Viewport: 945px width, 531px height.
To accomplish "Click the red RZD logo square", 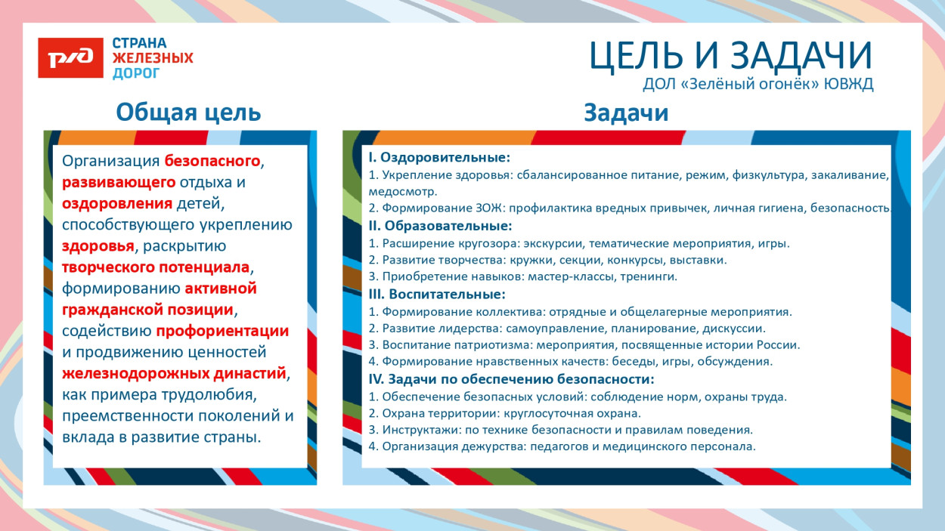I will (x=70, y=58).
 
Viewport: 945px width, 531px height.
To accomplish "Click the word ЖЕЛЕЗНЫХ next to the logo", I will (x=153, y=58).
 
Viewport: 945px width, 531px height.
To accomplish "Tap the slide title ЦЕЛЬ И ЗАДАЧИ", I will (x=730, y=55).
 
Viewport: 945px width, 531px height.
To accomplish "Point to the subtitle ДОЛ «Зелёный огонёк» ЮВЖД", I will (x=758, y=85).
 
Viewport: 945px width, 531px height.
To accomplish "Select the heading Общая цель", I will (x=188, y=113).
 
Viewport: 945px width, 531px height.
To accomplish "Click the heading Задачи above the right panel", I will (x=626, y=113).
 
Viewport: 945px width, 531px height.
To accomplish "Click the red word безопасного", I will (x=212, y=161).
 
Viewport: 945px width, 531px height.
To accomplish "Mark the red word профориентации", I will (x=222, y=331).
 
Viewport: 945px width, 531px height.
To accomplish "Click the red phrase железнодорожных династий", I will (x=174, y=373).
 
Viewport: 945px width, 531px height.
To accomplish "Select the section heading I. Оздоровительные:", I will (x=439, y=158).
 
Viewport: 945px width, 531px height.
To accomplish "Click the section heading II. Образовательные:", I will (x=440, y=226).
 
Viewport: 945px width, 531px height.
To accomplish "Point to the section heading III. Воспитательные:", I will (x=437, y=294).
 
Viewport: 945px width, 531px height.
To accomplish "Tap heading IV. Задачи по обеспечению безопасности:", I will (x=511, y=379).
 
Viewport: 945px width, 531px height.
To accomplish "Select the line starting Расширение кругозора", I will (x=578, y=243).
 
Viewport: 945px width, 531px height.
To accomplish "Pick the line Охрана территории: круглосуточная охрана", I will (x=504, y=413).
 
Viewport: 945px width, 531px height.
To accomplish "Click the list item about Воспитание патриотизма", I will (x=584, y=345).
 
